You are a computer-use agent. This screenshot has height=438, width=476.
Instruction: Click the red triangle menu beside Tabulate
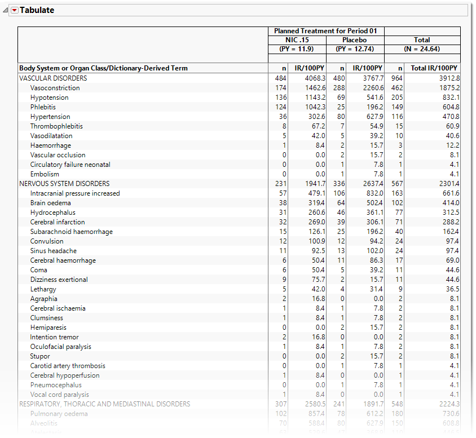(x=15, y=10)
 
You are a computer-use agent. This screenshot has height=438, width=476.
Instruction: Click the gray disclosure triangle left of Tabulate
(x=6, y=10)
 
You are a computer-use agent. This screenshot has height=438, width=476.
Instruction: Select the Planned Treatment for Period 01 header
(x=325, y=31)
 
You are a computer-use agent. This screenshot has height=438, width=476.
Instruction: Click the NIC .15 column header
(x=297, y=40)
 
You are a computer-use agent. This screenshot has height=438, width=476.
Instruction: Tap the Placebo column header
(x=354, y=40)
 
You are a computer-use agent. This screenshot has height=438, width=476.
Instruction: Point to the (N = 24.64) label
(x=422, y=48)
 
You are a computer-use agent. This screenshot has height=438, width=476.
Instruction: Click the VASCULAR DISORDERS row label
(x=53, y=78)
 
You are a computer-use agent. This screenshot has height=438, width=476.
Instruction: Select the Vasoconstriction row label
(x=55, y=88)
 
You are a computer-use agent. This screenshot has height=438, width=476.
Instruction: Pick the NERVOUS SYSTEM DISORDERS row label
(x=64, y=184)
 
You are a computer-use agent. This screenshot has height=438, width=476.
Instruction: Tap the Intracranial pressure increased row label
(x=75, y=193)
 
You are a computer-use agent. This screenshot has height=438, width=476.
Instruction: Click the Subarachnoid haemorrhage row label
(x=72, y=232)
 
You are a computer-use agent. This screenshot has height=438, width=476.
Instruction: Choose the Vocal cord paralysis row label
(x=60, y=395)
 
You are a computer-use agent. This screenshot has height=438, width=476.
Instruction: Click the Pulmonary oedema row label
(x=59, y=414)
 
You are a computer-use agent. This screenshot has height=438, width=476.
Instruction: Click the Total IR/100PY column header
(x=434, y=68)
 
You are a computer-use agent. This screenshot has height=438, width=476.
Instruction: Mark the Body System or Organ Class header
(x=103, y=68)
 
